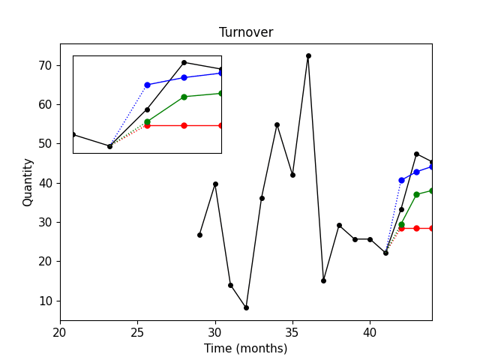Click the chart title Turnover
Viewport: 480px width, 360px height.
coord(246,32)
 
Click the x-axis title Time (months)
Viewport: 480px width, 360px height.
coord(246,348)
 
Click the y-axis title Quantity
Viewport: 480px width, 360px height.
coord(28,182)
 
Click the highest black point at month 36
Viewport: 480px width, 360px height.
coord(308,55)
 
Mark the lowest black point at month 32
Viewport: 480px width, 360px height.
coord(246,307)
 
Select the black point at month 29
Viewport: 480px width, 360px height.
coord(199,235)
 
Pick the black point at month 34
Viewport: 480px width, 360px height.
coord(277,124)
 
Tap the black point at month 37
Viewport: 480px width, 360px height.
coord(323,280)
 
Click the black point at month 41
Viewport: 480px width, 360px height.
coord(385,253)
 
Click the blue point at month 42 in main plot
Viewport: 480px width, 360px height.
coord(401,180)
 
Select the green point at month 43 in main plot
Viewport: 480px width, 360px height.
coord(416,194)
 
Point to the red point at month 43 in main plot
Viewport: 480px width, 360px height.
coord(416,228)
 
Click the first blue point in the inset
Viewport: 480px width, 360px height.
coord(147,85)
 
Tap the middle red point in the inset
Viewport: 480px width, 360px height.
coord(184,125)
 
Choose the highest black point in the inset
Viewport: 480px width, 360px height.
coord(184,62)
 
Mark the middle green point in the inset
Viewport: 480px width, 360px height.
coord(184,97)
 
